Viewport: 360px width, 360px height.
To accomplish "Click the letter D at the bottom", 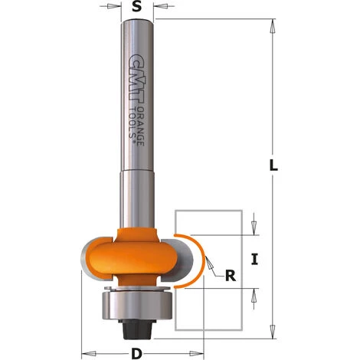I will pyautogui.click(x=136, y=353).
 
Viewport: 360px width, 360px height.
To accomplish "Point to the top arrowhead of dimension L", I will pyautogui.click(x=272, y=25).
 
